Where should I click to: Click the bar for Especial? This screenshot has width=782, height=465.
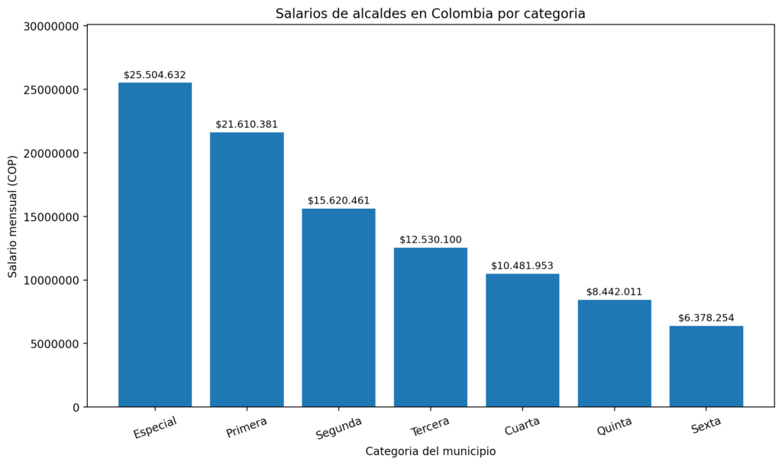pos(155,245)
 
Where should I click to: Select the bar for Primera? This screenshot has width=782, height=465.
pos(247,269)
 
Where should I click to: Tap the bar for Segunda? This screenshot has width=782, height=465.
pos(338,307)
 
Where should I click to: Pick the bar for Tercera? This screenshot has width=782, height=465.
pos(431,327)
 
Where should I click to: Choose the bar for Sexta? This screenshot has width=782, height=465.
pos(706,366)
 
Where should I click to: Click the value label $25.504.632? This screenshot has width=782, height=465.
pos(155,75)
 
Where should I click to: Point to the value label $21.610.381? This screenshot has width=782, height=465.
pos(247,124)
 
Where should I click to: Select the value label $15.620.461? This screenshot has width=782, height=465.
pos(338,200)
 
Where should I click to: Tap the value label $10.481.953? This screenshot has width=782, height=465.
pos(522,265)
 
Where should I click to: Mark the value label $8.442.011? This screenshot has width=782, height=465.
pos(614,291)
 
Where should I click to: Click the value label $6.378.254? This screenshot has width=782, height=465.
pos(706,318)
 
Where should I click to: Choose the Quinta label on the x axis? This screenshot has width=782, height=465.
pos(614,427)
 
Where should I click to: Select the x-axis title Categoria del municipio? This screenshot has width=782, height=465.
pos(431,451)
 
